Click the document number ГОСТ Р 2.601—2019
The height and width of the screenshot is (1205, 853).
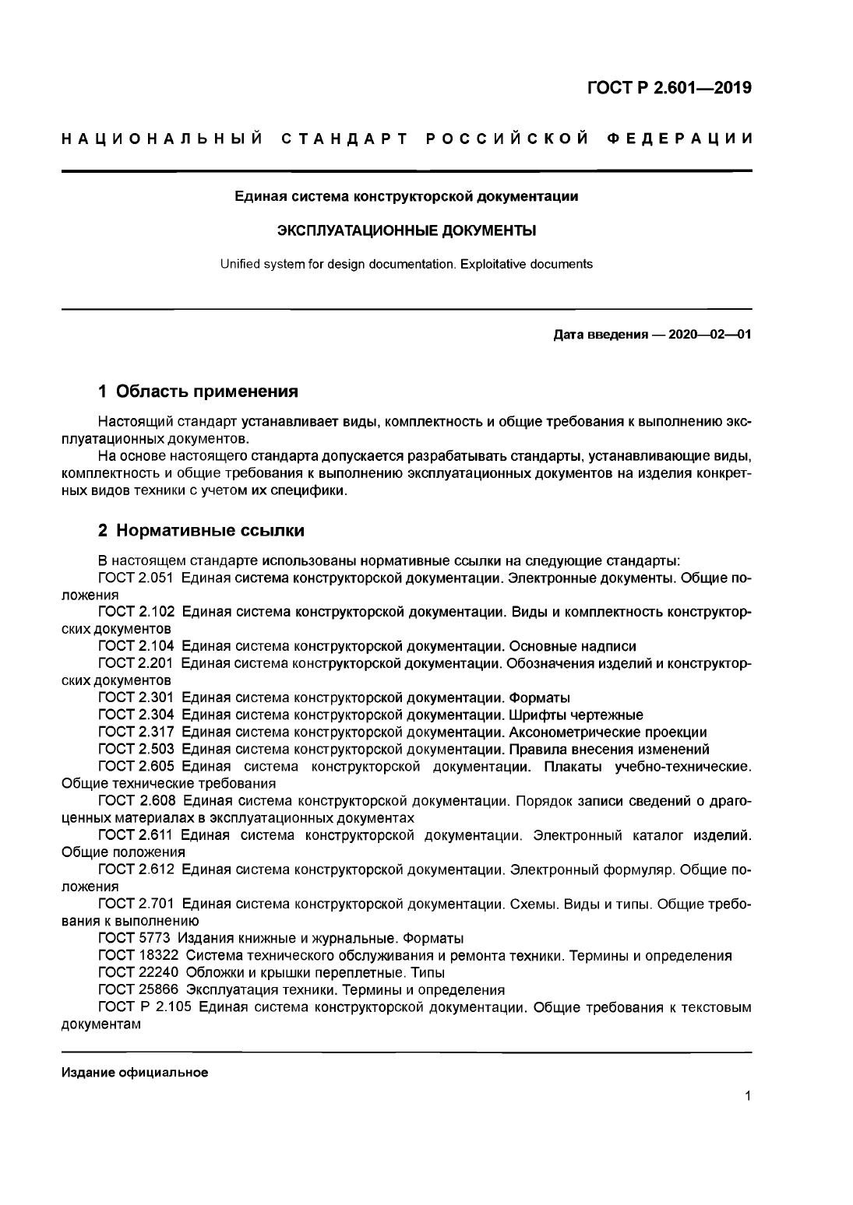[669, 87]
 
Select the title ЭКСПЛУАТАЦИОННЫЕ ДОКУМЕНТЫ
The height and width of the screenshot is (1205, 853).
[407, 230]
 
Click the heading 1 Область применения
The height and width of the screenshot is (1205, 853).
[198, 390]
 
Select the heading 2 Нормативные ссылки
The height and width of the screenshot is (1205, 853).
[201, 531]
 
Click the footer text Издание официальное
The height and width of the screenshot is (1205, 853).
[135, 1073]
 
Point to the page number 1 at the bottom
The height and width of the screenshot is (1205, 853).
[748, 1098]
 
